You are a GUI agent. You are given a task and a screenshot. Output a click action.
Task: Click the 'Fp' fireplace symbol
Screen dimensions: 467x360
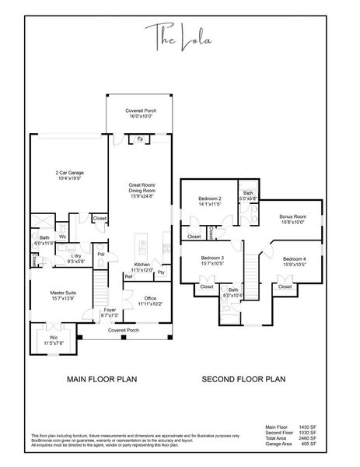(140, 139)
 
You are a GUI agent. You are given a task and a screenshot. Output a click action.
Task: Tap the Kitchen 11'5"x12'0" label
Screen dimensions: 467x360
(143, 268)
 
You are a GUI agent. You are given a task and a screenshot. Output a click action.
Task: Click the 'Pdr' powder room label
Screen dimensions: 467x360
(101, 253)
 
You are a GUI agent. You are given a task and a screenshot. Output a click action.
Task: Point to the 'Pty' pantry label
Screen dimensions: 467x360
(161, 272)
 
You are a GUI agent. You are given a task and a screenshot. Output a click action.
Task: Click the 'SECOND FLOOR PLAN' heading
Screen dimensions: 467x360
(244, 381)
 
